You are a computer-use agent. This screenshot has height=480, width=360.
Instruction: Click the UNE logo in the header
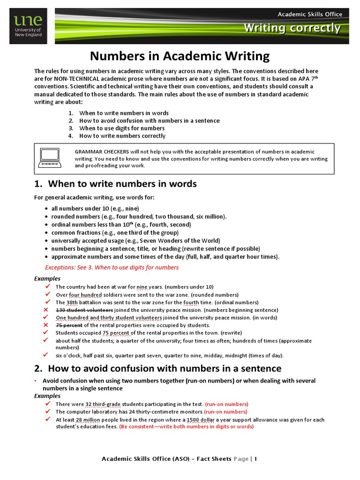pos(28,26)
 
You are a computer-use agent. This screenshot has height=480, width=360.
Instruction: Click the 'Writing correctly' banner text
pos(292,28)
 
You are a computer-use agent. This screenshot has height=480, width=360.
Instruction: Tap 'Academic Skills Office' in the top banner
pos(310,14)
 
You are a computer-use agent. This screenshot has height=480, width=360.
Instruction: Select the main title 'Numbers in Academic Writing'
pos(180,56)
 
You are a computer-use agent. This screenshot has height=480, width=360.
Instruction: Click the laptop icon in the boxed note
pos(49,158)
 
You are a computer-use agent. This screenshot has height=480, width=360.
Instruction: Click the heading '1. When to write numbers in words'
pos(115,184)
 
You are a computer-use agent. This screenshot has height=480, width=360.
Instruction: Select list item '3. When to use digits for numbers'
pos(122,128)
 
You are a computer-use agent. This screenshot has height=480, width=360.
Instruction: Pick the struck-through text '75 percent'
pos(69,325)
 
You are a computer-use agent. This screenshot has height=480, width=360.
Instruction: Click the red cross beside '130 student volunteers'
pos(45,310)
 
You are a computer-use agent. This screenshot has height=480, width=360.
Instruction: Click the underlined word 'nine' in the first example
pos(142,287)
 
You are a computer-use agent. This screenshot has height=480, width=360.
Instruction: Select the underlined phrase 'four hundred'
pos(85,295)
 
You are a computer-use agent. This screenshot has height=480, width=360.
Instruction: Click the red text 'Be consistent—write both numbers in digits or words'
pos(186,427)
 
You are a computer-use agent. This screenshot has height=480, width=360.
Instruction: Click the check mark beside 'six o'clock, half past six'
pos(46,355)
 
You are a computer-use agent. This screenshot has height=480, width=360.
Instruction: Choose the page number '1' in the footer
pos(256,459)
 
